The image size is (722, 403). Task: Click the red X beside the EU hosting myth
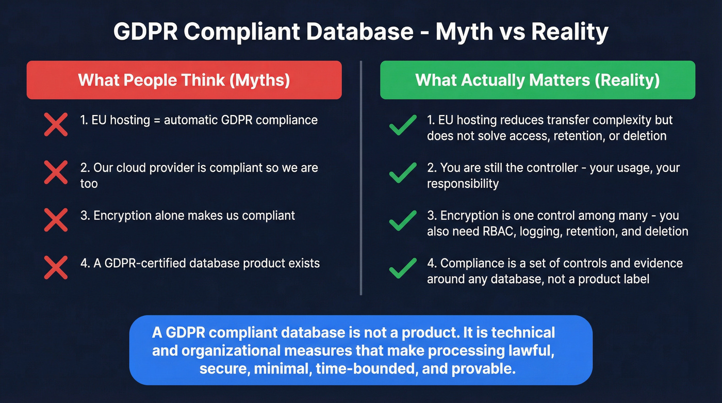56,124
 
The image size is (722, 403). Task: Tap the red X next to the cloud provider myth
56,172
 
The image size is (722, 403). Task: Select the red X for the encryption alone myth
56,220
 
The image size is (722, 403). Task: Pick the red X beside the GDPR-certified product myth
56,267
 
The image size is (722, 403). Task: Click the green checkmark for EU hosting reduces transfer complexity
403,124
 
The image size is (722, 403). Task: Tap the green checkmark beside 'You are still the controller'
403,172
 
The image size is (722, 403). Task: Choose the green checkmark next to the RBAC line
403,220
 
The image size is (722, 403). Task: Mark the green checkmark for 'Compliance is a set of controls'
403,267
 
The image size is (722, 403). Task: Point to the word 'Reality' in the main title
569,33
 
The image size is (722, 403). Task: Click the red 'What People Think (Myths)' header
184,80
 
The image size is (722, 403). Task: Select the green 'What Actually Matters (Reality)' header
537,80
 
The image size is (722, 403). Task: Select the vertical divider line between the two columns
361,178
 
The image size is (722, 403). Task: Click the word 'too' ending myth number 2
89,184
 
